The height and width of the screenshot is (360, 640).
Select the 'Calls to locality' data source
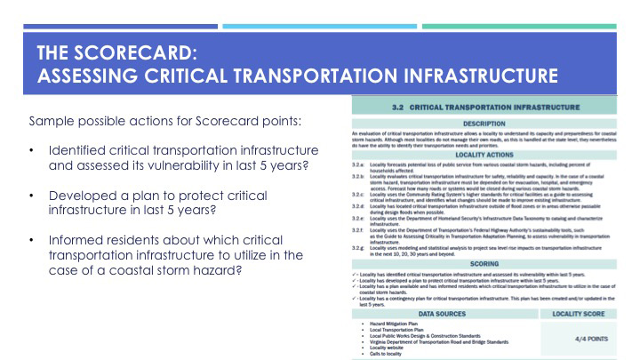point(384,354)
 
